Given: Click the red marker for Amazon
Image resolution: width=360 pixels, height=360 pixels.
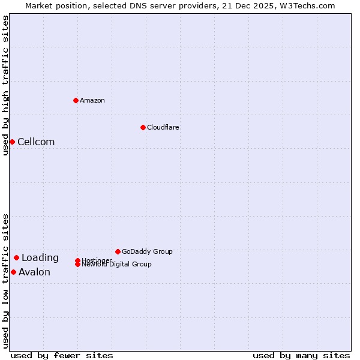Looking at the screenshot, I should click(76, 100).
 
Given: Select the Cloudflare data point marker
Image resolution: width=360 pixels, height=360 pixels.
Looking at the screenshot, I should click(143, 127).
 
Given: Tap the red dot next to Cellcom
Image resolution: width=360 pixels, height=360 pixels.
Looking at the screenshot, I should click(12, 142).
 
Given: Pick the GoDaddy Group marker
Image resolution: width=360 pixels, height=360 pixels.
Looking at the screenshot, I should click(118, 251).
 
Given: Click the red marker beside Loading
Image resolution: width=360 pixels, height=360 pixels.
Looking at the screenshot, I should click(16, 257).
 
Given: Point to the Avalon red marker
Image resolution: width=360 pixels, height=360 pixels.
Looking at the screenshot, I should click(13, 272).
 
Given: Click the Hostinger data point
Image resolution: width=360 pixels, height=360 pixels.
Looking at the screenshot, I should click(78, 260).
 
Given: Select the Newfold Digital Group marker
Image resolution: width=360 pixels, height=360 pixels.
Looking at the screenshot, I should click(78, 264).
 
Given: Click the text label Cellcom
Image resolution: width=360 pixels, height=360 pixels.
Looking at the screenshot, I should click(36, 142).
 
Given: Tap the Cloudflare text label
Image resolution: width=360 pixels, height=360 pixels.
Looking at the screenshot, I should click(163, 127).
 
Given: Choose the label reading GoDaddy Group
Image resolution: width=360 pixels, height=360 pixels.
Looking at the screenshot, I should click(147, 251).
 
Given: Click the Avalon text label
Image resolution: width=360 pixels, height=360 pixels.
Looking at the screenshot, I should click(34, 272).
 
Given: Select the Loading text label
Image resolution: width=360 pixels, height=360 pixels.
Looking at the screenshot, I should click(40, 258).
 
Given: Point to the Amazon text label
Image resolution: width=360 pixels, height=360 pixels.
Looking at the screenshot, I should click(92, 100).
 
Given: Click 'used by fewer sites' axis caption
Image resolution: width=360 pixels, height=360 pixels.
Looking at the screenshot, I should click(62, 355).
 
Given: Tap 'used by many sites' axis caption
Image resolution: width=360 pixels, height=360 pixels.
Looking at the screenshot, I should click(301, 355).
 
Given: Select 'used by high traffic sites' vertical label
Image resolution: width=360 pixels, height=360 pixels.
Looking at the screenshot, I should click(5, 85).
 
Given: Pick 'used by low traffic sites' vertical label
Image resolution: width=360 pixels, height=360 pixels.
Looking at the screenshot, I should click(5, 280).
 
